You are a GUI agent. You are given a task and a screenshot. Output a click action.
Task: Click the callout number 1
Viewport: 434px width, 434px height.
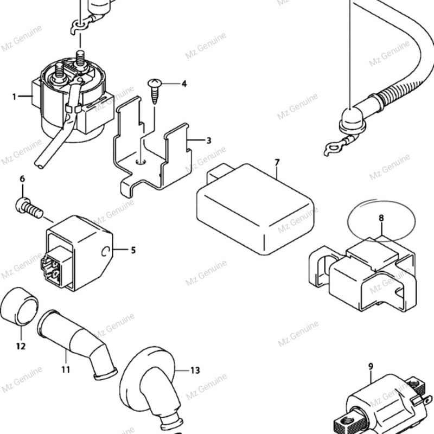tap(14, 97)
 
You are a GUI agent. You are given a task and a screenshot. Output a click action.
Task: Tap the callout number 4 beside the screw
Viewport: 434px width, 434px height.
tap(184, 84)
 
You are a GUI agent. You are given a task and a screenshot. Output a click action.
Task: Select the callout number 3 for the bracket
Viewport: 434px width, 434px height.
tap(208, 141)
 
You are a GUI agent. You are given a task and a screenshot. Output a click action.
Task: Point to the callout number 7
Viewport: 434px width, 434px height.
tap(277, 162)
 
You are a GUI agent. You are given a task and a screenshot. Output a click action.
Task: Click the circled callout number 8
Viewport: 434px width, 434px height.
tap(381, 218)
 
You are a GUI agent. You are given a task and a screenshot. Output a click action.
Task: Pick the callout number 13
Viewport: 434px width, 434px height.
tap(195, 371)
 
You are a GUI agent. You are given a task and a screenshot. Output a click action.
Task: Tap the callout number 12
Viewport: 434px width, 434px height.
tap(21, 346)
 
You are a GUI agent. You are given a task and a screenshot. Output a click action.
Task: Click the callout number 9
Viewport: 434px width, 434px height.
tap(371, 367)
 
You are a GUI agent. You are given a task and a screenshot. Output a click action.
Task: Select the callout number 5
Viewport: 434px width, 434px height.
tap(133, 250)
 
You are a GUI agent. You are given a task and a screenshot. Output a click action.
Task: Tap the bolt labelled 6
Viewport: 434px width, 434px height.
tap(29, 208)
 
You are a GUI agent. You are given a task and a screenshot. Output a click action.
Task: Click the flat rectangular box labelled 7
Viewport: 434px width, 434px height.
tap(254, 209)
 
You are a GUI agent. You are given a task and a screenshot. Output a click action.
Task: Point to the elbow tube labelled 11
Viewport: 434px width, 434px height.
tap(78, 344)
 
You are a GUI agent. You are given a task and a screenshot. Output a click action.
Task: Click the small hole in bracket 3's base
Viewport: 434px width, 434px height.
tap(142, 161)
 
